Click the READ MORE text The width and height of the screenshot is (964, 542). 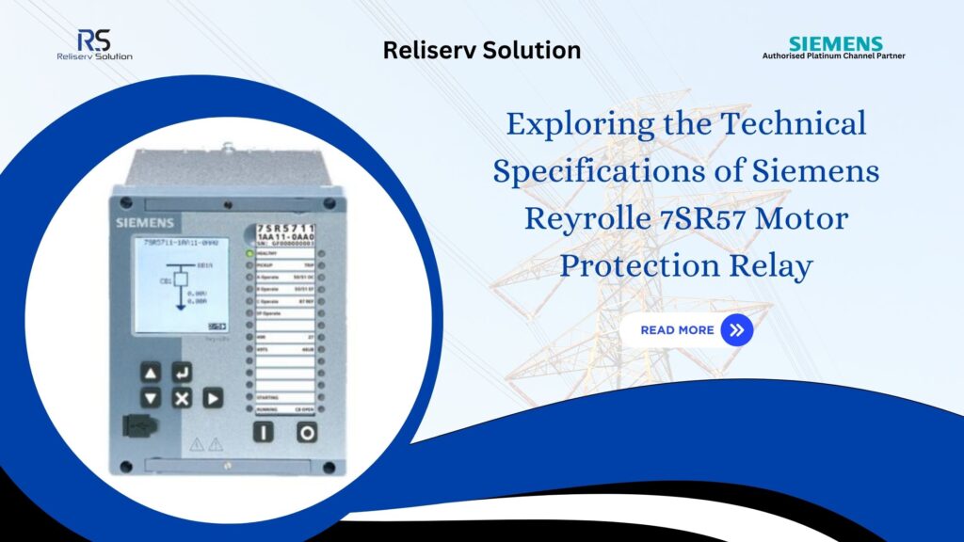(x=677, y=330)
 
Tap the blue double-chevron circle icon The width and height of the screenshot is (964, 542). (x=736, y=330)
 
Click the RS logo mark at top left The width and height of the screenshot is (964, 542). (x=93, y=40)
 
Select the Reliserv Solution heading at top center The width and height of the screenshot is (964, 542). (x=482, y=50)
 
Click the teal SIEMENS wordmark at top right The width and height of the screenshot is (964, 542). (x=835, y=43)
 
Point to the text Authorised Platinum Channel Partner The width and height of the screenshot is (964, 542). (x=834, y=56)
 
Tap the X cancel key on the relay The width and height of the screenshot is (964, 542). (x=182, y=398)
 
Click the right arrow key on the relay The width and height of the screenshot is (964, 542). (x=214, y=398)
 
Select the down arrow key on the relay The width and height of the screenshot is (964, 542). (x=151, y=398)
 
